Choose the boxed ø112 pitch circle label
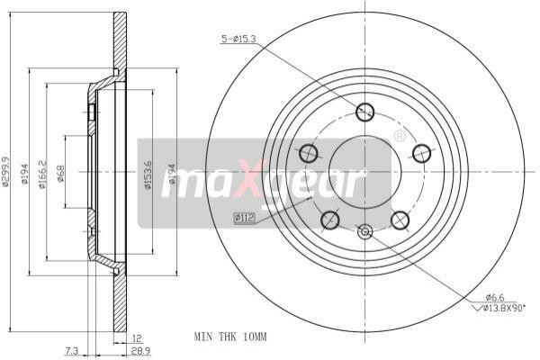pos(244,217)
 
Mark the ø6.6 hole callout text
pos(495,297)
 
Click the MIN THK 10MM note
pos(231,337)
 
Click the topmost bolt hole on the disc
pos(364,112)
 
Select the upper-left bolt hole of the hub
pos(309,153)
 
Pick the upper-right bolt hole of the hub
pos(421,153)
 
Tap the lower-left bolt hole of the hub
pos(330,219)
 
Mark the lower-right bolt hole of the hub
pos(400,219)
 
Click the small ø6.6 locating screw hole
pos(364,232)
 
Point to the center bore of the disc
pos(364,171)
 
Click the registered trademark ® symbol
pos(399,136)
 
